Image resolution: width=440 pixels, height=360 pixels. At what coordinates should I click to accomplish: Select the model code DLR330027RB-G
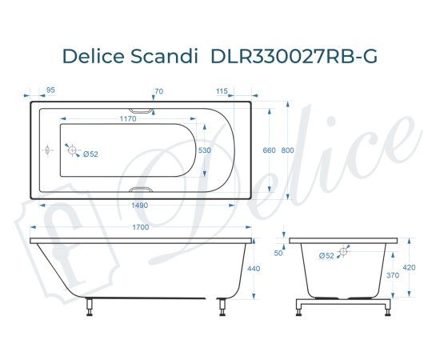click(x=294, y=57)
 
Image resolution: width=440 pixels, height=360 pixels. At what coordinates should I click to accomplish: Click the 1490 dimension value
click(x=139, y=206)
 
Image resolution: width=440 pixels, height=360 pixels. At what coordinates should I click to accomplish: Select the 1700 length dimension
click(x=139, y=229)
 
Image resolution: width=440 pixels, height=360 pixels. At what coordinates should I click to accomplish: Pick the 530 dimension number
click(x=205, y=150)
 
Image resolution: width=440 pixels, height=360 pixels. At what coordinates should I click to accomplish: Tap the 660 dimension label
click(x=269, y=150)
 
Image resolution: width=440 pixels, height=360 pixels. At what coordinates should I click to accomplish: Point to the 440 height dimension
click(x=254, y=269)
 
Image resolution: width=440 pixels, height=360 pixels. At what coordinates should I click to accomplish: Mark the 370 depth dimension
click(x=393, y=275)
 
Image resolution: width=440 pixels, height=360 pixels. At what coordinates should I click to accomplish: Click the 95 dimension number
click(x=50, y=91)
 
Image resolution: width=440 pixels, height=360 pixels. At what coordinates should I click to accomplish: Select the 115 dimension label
click(x=222, y=91)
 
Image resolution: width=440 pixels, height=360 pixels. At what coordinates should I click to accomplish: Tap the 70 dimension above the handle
click(x=158, y=91)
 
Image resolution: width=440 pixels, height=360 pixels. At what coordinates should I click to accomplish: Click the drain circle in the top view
click(x=73, y=150)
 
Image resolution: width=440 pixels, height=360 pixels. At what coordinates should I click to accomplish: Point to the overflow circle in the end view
click(x=344, y=252)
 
